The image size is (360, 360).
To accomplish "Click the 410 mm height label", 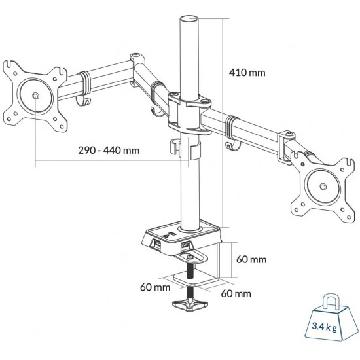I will point(247,73).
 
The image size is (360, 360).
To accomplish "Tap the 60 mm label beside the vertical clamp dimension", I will point(251,259).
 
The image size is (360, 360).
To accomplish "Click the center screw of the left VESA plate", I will point(33,96).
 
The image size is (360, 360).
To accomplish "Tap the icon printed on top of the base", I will point(170,233).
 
